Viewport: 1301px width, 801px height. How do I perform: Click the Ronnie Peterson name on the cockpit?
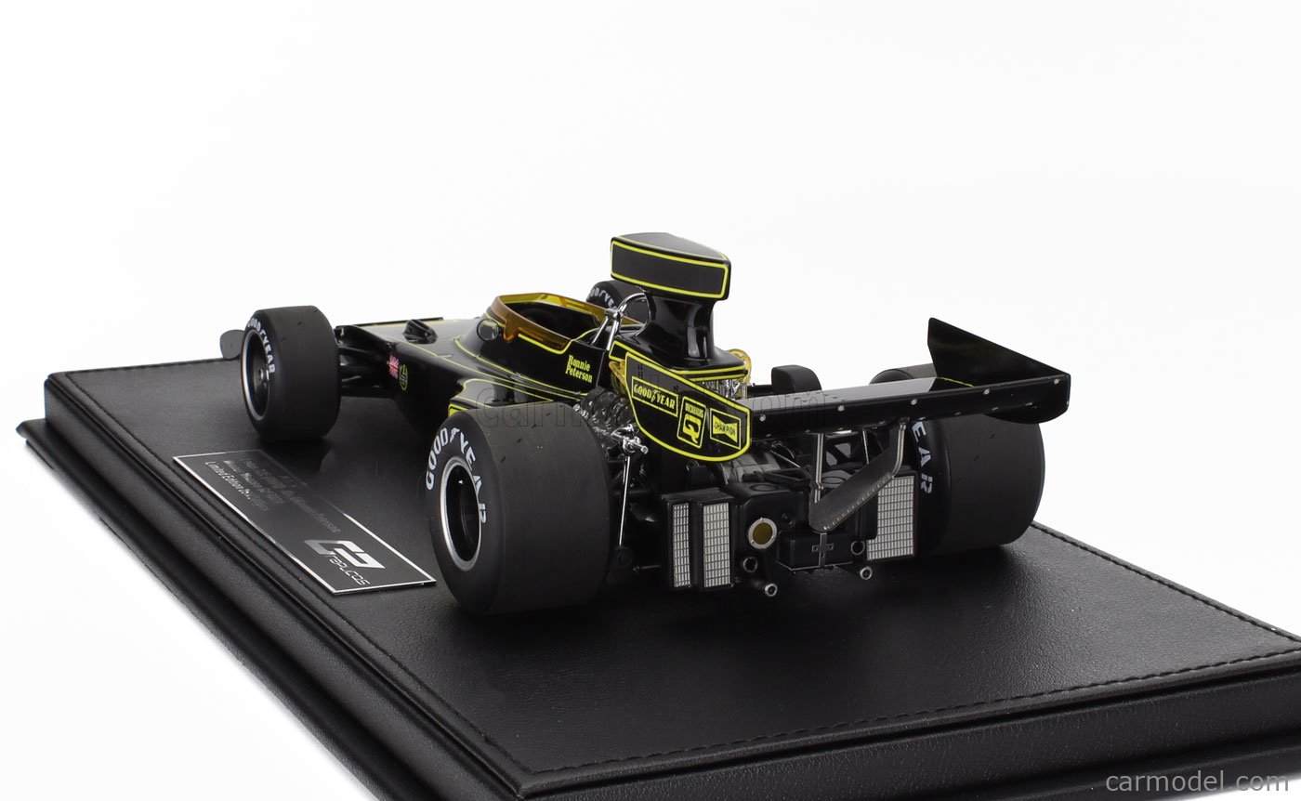pyautogui.click(x=578, y=369)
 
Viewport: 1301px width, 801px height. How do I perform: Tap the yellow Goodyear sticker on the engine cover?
pyautogui.click(x=654, y=396)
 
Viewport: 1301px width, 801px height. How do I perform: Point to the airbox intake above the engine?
pyautogui.click(x=669, y=266)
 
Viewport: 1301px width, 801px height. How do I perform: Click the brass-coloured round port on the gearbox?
pyautogui.click(x=762, y=533)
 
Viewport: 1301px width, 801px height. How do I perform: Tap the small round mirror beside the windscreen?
pyautogui.click(x=489, y=329)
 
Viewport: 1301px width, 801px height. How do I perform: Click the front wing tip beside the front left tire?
pyautogui.click(x=230, y=343)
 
